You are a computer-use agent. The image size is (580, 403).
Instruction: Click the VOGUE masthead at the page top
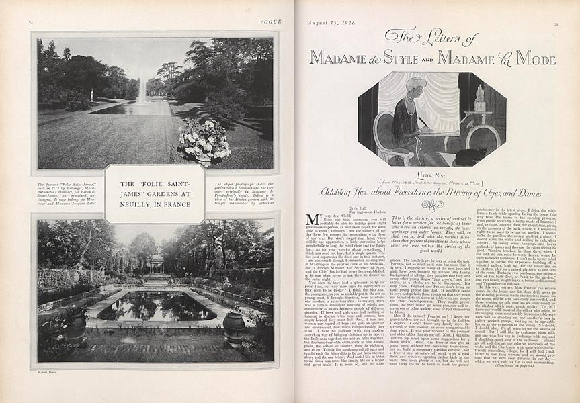click(272, 22)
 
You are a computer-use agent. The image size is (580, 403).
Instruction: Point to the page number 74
click(31, 24)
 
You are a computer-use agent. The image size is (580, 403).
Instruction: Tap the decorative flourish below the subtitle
click(432, 205)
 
